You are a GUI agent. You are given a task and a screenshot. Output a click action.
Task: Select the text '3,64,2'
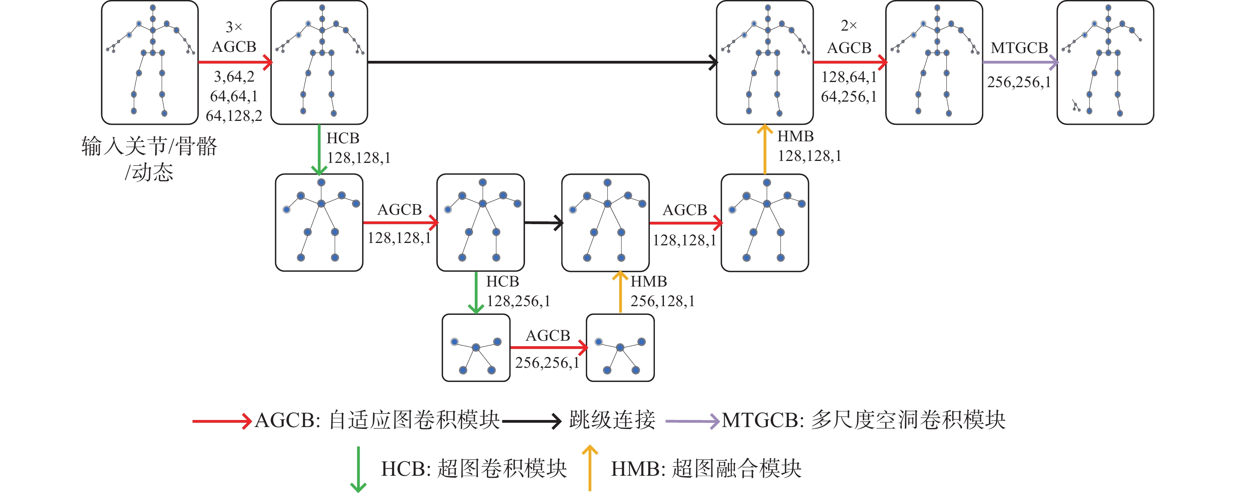coord(234,76)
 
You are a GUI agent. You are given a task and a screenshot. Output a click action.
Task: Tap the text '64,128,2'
coord(234,116)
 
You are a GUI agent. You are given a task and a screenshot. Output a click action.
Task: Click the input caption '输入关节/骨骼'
coord(149,146)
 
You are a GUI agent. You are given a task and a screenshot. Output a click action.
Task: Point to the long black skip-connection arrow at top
coord(543,62)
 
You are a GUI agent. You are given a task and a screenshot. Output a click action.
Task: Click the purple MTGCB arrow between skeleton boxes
coord(1021,62)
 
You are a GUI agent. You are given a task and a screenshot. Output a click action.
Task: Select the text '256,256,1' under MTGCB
coord(1019,82)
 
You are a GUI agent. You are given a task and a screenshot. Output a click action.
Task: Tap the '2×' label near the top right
coord(849,26)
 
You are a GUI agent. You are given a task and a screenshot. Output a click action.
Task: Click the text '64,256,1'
coord(849,97)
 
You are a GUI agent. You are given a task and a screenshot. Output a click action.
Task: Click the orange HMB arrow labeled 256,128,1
coord(620,292)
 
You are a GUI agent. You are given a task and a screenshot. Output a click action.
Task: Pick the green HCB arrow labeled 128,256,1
coord(476,292)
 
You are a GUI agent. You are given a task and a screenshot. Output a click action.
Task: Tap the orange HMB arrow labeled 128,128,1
coord(764,149)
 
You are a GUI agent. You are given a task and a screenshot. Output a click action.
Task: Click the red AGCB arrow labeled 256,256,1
coord(549,347)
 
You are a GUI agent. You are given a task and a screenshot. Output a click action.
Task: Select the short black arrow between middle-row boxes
coord(543,223)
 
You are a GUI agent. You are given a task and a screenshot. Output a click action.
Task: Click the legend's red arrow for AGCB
coord(222,421)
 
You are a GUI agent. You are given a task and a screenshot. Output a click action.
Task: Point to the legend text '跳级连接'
coord(612,420)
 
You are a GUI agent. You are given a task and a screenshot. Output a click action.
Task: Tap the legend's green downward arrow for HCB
coord(358,469)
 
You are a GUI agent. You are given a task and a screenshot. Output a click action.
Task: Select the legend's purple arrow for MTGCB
coord(693,421)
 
